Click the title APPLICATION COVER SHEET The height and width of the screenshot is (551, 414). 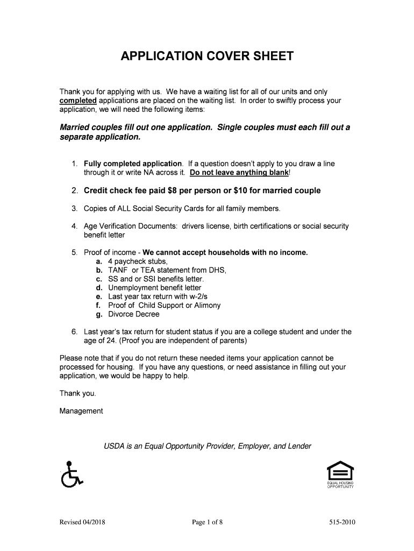[207, 56]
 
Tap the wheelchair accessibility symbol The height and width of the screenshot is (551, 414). [70, 475]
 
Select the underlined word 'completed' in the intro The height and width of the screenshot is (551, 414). [78, 101]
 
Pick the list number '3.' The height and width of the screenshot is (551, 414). [75, 208]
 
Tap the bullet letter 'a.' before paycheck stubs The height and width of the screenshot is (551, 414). [99, 261]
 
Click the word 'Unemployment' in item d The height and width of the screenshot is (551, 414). [133, 288]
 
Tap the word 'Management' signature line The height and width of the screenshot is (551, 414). [81, 411]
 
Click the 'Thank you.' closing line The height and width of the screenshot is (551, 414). [78, 393]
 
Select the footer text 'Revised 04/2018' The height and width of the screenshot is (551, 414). [82, 522]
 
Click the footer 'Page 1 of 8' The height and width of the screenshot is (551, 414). [207, 522]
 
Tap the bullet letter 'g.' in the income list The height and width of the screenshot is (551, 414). [99, 314]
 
